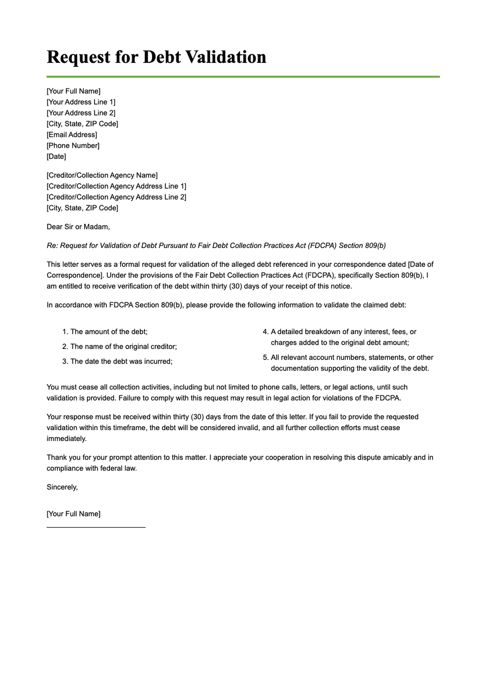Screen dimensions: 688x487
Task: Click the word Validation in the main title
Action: tap(226, 57)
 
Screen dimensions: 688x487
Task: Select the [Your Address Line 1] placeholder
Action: tap(81, 102)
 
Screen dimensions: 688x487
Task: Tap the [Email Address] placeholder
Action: tap(72, 135)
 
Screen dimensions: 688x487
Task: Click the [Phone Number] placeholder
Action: tap(73, 146)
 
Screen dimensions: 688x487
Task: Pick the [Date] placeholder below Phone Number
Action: tap(56, 156)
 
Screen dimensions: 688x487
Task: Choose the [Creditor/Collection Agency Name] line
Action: tap(102, 175)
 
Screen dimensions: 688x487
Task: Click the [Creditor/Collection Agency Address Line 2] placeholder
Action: tap(116, 197)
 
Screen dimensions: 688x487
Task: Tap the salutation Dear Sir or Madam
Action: tap(78, 227)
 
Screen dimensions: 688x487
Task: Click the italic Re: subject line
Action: tap(216, 246)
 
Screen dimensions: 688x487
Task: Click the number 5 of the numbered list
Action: tap(265, 358)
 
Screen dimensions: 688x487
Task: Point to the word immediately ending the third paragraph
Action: tap(67, 439)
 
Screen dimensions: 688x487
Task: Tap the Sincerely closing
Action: tap(62, 487)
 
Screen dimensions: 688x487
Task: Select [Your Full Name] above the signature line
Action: tap(73, 514)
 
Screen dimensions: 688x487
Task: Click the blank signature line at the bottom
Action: tap(96, 527)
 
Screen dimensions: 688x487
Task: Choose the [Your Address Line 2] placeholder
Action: tap(81, 113)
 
